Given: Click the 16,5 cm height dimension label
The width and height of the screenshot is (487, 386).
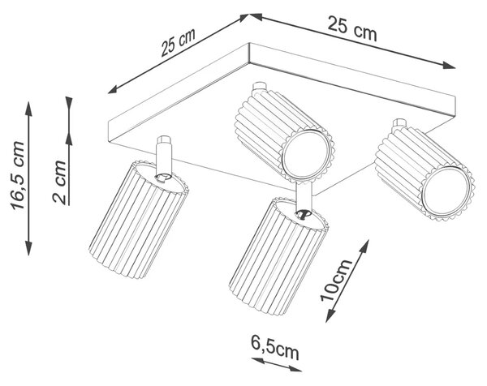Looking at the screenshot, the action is coord(17,176).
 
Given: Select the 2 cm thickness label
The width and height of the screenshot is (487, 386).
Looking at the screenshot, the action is coord(59,182).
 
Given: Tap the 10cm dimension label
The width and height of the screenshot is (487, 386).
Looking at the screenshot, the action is coord(336,280).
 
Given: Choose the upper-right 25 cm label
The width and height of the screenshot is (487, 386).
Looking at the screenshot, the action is coord(352,28).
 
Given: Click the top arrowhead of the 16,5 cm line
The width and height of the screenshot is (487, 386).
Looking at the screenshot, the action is coord(28,109).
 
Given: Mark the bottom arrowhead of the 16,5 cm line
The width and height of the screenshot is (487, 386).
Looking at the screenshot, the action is coord(28,248).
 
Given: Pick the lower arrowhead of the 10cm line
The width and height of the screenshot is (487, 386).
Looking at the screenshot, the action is coord(330,315).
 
